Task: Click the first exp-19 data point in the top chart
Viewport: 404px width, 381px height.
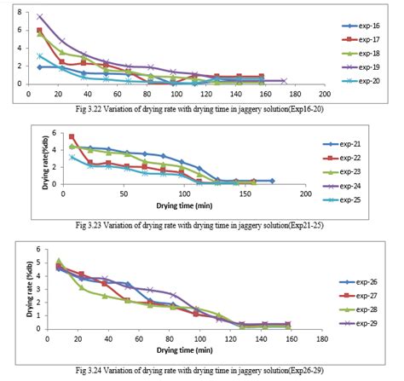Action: click(x=39, y=16)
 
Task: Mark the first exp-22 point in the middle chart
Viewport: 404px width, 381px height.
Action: click(x=72, y=136)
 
